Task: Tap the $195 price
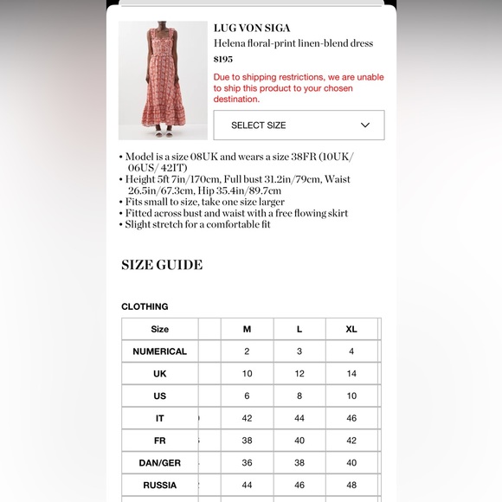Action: tap(223, 59)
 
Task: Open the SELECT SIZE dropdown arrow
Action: tap(365, 125)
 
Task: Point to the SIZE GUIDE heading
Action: tap(162, 265)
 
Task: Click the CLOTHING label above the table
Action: tap(145, 306)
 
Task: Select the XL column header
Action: tap(351, 329)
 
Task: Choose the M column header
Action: tap(247, 329)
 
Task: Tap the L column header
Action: tap(299, 329)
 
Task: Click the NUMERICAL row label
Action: tap(159, 351)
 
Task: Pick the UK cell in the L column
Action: tap(299, 374)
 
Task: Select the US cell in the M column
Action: tap(247, 396)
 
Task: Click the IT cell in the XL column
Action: tap(351, 418)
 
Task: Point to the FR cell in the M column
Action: tap(247, 441)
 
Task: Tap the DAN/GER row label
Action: tap(159, 463)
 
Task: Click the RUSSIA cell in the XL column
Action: tap(351, 485)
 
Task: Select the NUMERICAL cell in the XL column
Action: tap(351, 351)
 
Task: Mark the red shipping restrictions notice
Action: tap(299, 88)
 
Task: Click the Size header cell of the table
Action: tap(159, 329)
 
